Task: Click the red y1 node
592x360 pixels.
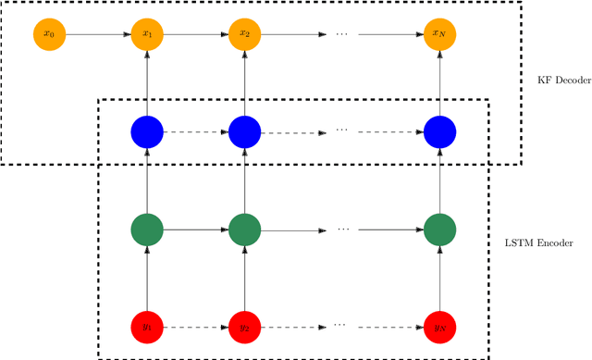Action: (147, 327)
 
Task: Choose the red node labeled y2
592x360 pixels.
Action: (245, 327)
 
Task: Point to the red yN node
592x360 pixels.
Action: (440, 327)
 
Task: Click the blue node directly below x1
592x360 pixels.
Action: (147, 131)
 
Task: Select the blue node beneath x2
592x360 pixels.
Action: (245, 131)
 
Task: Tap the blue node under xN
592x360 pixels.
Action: (440, 131)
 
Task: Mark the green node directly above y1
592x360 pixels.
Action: (147, 229)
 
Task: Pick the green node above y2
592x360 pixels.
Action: (245, 229)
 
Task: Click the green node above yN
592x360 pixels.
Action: (440, 229)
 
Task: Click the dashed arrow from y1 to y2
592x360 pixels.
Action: (196, 327)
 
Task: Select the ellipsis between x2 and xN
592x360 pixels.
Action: (342, 34)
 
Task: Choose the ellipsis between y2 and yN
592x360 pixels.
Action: (342, 325)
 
